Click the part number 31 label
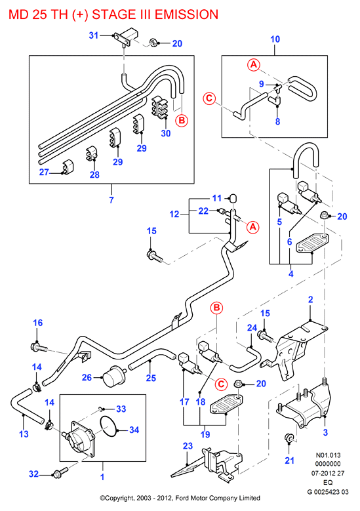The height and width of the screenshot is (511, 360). tap(94, 35)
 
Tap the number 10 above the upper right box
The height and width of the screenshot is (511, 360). tap(275, 39)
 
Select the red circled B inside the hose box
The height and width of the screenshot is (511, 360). tap(182, 121)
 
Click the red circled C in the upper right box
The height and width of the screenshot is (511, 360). tap(209, 98)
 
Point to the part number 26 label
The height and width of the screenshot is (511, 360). tap(87, 377)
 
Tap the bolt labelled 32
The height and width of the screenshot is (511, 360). tap(60, 472)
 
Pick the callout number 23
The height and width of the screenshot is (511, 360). tap(188, 446)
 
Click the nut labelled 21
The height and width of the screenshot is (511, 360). tap(289, 438)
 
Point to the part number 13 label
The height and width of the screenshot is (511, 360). tap(24, 434)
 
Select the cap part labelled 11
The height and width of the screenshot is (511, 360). tap(233, 199)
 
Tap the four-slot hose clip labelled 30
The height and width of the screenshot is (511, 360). tap(159, 106)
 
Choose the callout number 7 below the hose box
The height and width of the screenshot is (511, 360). tap(111, 200)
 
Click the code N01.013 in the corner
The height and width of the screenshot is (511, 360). tap(328, 455)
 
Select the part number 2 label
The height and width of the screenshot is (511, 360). tap(310, 300)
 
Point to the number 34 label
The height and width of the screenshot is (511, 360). tap(134, 430)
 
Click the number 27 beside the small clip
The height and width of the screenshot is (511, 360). tap(44, 172)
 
